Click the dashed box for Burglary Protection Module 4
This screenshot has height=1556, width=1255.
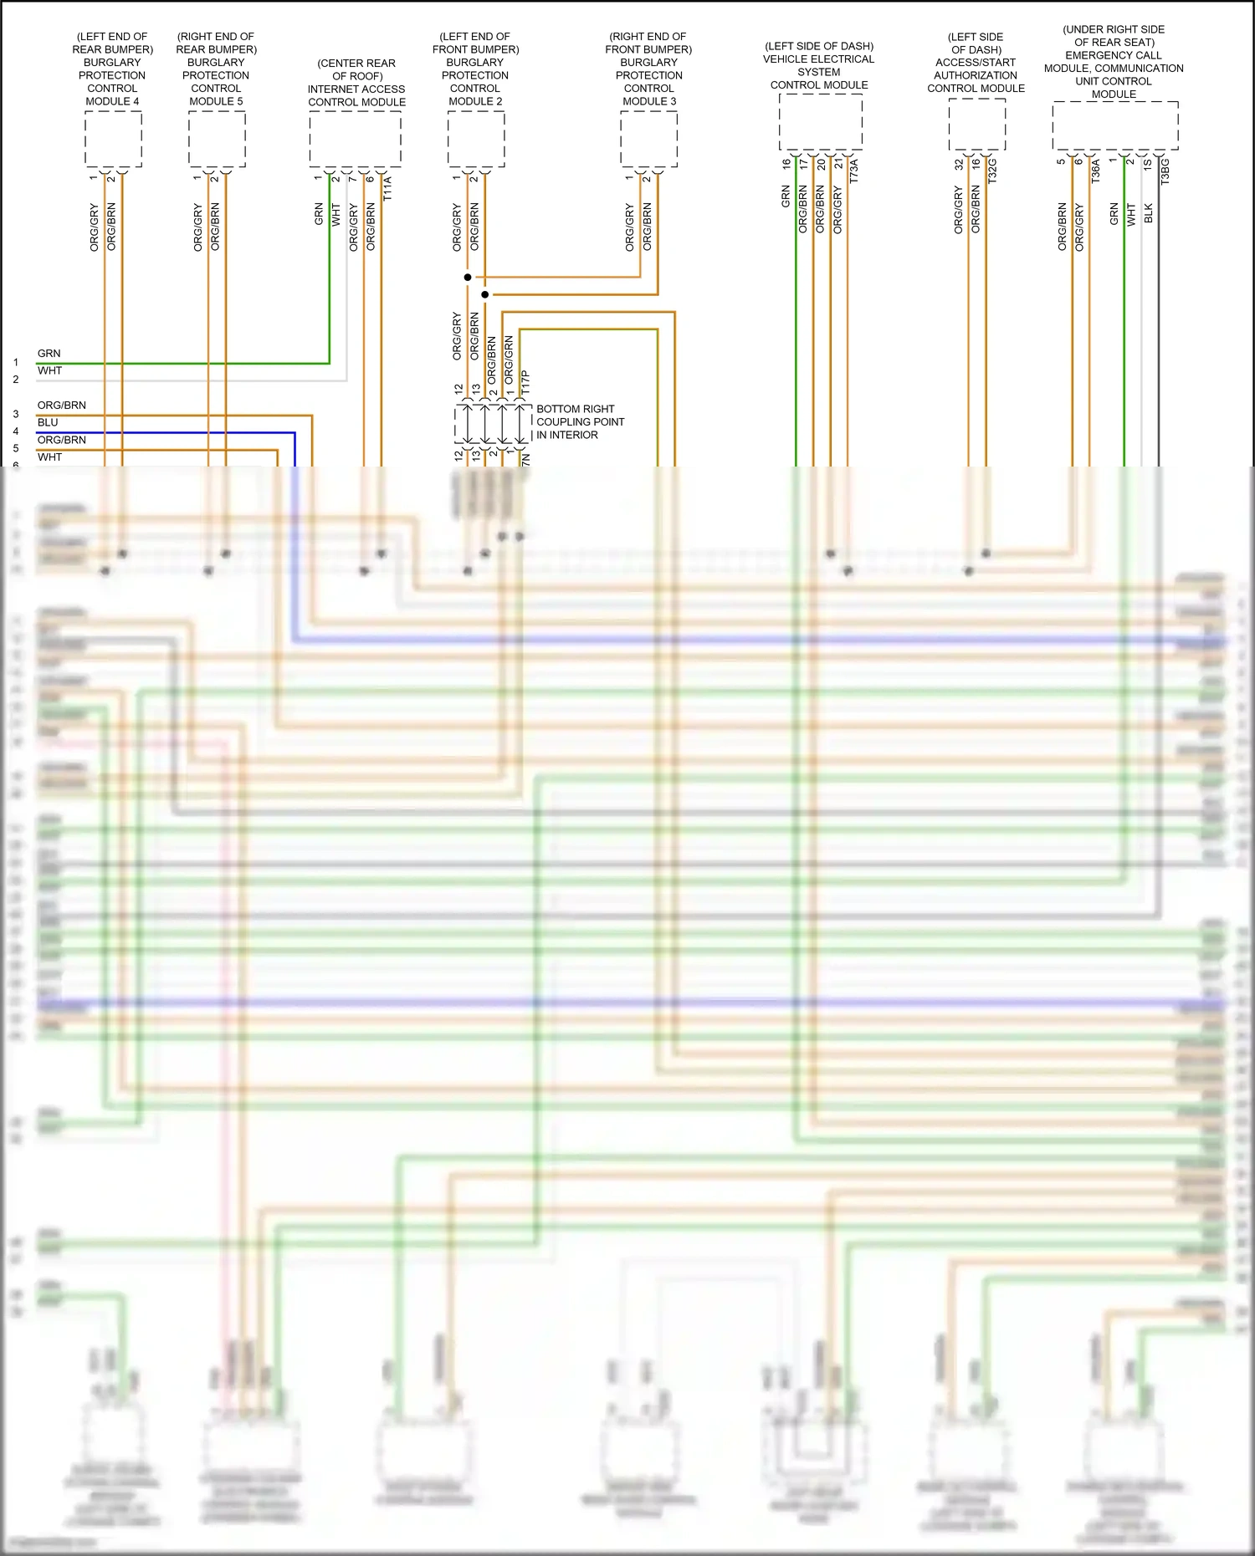[x=113, y=139]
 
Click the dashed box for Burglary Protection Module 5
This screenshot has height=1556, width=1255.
[x=217, y=139]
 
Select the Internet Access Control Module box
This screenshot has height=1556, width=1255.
[x=356, y=139]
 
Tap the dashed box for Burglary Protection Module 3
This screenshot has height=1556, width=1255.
[x=648, y=139]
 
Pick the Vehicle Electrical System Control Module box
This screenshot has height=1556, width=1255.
[x=820, y=121]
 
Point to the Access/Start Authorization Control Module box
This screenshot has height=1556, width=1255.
[x=976, y=125]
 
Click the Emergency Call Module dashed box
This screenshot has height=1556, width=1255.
[x=1114, y=125]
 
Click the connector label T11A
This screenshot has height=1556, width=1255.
[x=387, y=188]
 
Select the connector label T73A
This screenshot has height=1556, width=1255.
[x=854, y=171]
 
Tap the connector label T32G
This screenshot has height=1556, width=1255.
[x=993, y=171]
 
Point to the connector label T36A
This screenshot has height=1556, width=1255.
[x=1096, y=171]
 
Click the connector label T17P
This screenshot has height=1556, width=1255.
[x=525, y=382]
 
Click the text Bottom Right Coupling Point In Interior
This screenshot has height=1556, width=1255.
[x=579, y=422]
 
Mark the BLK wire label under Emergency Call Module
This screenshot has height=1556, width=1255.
[x=1149, y=213]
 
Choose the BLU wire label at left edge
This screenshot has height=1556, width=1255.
[x=48, y=423]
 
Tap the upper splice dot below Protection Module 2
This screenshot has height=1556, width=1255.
[x=468, y=277]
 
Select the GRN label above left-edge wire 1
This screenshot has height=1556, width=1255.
[x=49, y=354]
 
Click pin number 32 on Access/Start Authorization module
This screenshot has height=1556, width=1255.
[x=959, y=165]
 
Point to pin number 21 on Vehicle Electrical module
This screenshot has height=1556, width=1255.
[x=838, y=164]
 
